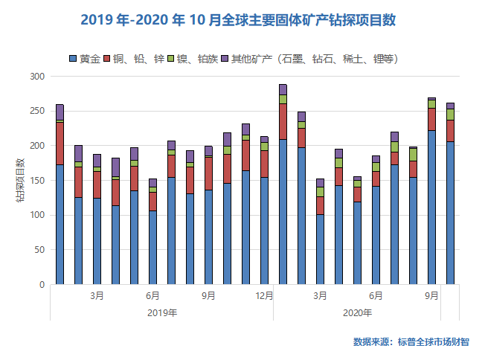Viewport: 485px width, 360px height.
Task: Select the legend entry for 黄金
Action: coord(84,58)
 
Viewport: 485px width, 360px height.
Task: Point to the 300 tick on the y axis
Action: coord(37,77)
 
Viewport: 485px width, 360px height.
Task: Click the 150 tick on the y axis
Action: coord(37,181)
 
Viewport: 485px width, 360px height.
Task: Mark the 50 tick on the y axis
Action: coord(39,250)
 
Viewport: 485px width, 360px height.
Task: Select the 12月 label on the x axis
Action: coord(264,295)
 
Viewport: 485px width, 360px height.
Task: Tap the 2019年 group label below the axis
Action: coord(161,312)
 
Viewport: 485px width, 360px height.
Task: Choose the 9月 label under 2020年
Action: coord(431,295)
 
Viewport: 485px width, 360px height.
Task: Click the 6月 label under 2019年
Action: coord(152,295)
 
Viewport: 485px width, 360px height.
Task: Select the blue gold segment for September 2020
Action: coord(431,208)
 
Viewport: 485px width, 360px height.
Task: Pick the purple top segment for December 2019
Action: coord(264,139)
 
